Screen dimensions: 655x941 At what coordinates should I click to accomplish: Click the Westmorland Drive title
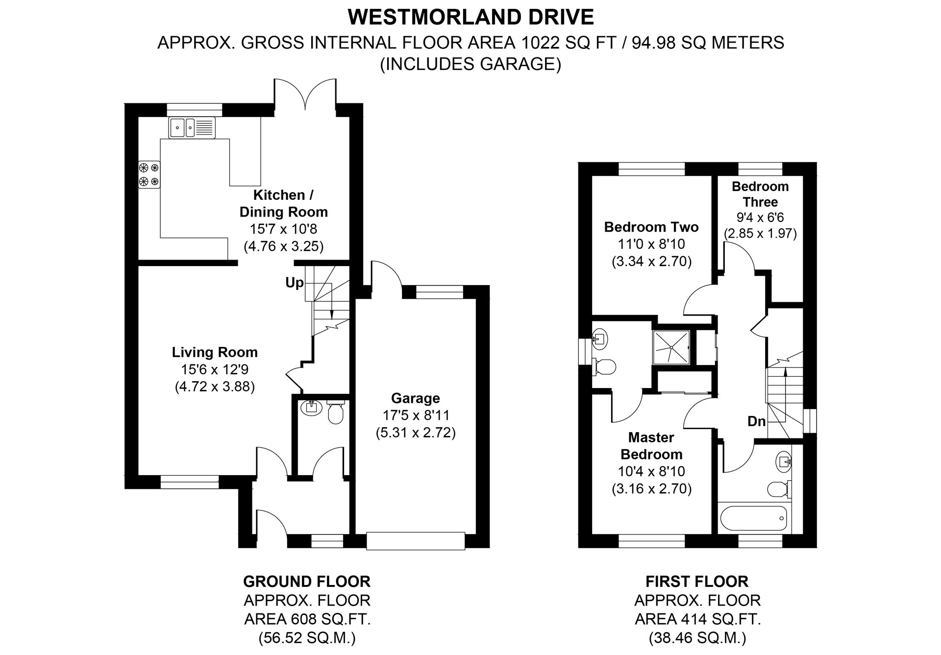coord(470,18)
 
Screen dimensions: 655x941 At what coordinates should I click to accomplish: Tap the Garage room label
coord(415,398)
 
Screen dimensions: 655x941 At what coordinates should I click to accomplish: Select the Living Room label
coord(215,352)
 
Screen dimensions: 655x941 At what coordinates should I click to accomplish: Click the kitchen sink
coord(192,127)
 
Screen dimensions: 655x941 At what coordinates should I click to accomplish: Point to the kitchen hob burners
coord(149,174)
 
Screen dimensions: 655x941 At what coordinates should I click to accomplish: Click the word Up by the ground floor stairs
coord(295,283)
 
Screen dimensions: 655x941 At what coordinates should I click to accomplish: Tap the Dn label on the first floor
coord(756,421)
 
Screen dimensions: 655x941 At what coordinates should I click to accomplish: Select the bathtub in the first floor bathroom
coord(753,518)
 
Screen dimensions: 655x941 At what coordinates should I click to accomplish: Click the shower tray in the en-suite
coord(671,347)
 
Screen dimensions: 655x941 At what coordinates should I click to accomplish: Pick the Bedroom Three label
coord(760,194)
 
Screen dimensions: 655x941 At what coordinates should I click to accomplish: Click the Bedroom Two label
coord(651,227)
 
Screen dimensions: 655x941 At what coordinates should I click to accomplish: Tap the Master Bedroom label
coord(651,446)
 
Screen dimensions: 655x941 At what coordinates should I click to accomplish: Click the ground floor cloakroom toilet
coord(336,413)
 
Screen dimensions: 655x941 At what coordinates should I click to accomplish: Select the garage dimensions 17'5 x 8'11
coord(416,415)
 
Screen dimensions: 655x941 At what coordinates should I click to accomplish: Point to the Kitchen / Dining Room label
coord(283,203)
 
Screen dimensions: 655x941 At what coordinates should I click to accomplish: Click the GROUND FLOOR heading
coord(307,582)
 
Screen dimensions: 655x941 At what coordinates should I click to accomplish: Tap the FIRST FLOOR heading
coord(697,582)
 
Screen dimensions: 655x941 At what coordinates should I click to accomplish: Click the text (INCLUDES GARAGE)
coord(470,64)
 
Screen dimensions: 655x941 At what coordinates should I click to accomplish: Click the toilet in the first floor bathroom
coord(779,489)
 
